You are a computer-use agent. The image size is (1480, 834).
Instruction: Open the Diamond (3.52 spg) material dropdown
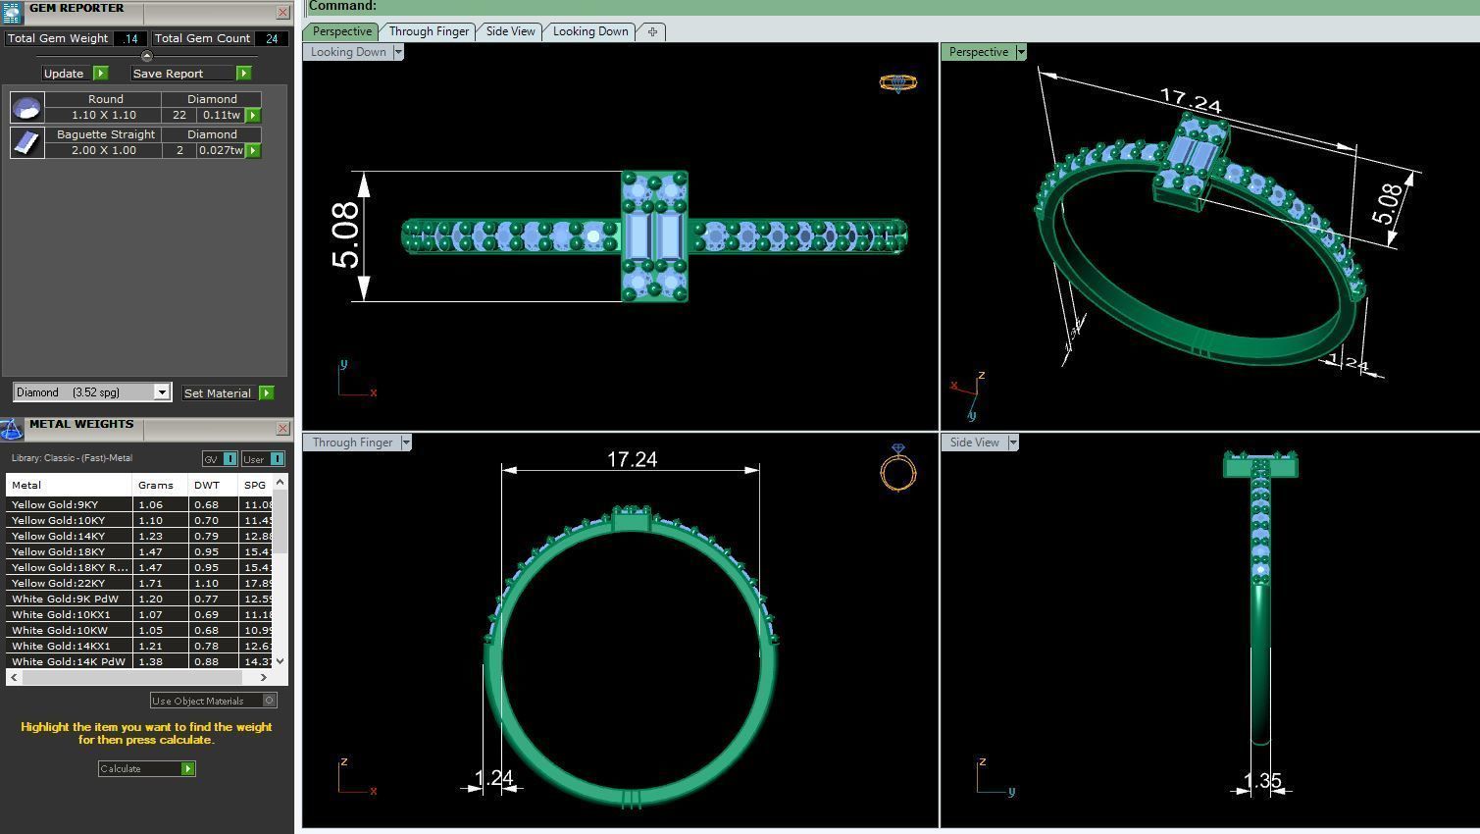pos(162,392)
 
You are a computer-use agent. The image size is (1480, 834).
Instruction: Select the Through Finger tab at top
pos(429,31)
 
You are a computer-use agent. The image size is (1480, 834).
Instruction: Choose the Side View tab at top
pos(511,31)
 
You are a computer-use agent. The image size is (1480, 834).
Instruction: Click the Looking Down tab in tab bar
pos(590,31)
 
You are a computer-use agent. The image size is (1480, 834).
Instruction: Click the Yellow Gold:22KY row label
pos(58,584)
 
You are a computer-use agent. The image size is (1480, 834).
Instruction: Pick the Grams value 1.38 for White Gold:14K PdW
pos(150,662)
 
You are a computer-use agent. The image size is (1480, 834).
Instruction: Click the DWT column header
pos(206,486)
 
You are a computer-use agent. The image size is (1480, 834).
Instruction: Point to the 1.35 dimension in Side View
pos(1262,781)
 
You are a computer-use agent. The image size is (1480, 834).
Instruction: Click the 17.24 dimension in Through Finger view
pos(632,459)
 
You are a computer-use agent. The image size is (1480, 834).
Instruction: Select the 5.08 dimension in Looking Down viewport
pos(346,236)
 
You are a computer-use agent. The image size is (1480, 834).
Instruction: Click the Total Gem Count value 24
pos(272,39)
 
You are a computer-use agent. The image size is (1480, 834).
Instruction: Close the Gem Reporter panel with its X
pos(282,13)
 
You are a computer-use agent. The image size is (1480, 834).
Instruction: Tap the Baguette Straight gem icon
pos(26,142)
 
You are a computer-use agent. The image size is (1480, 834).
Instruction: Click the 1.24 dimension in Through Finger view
pos(493,778)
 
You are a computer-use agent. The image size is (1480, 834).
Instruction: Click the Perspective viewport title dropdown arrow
pos(1021,52)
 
